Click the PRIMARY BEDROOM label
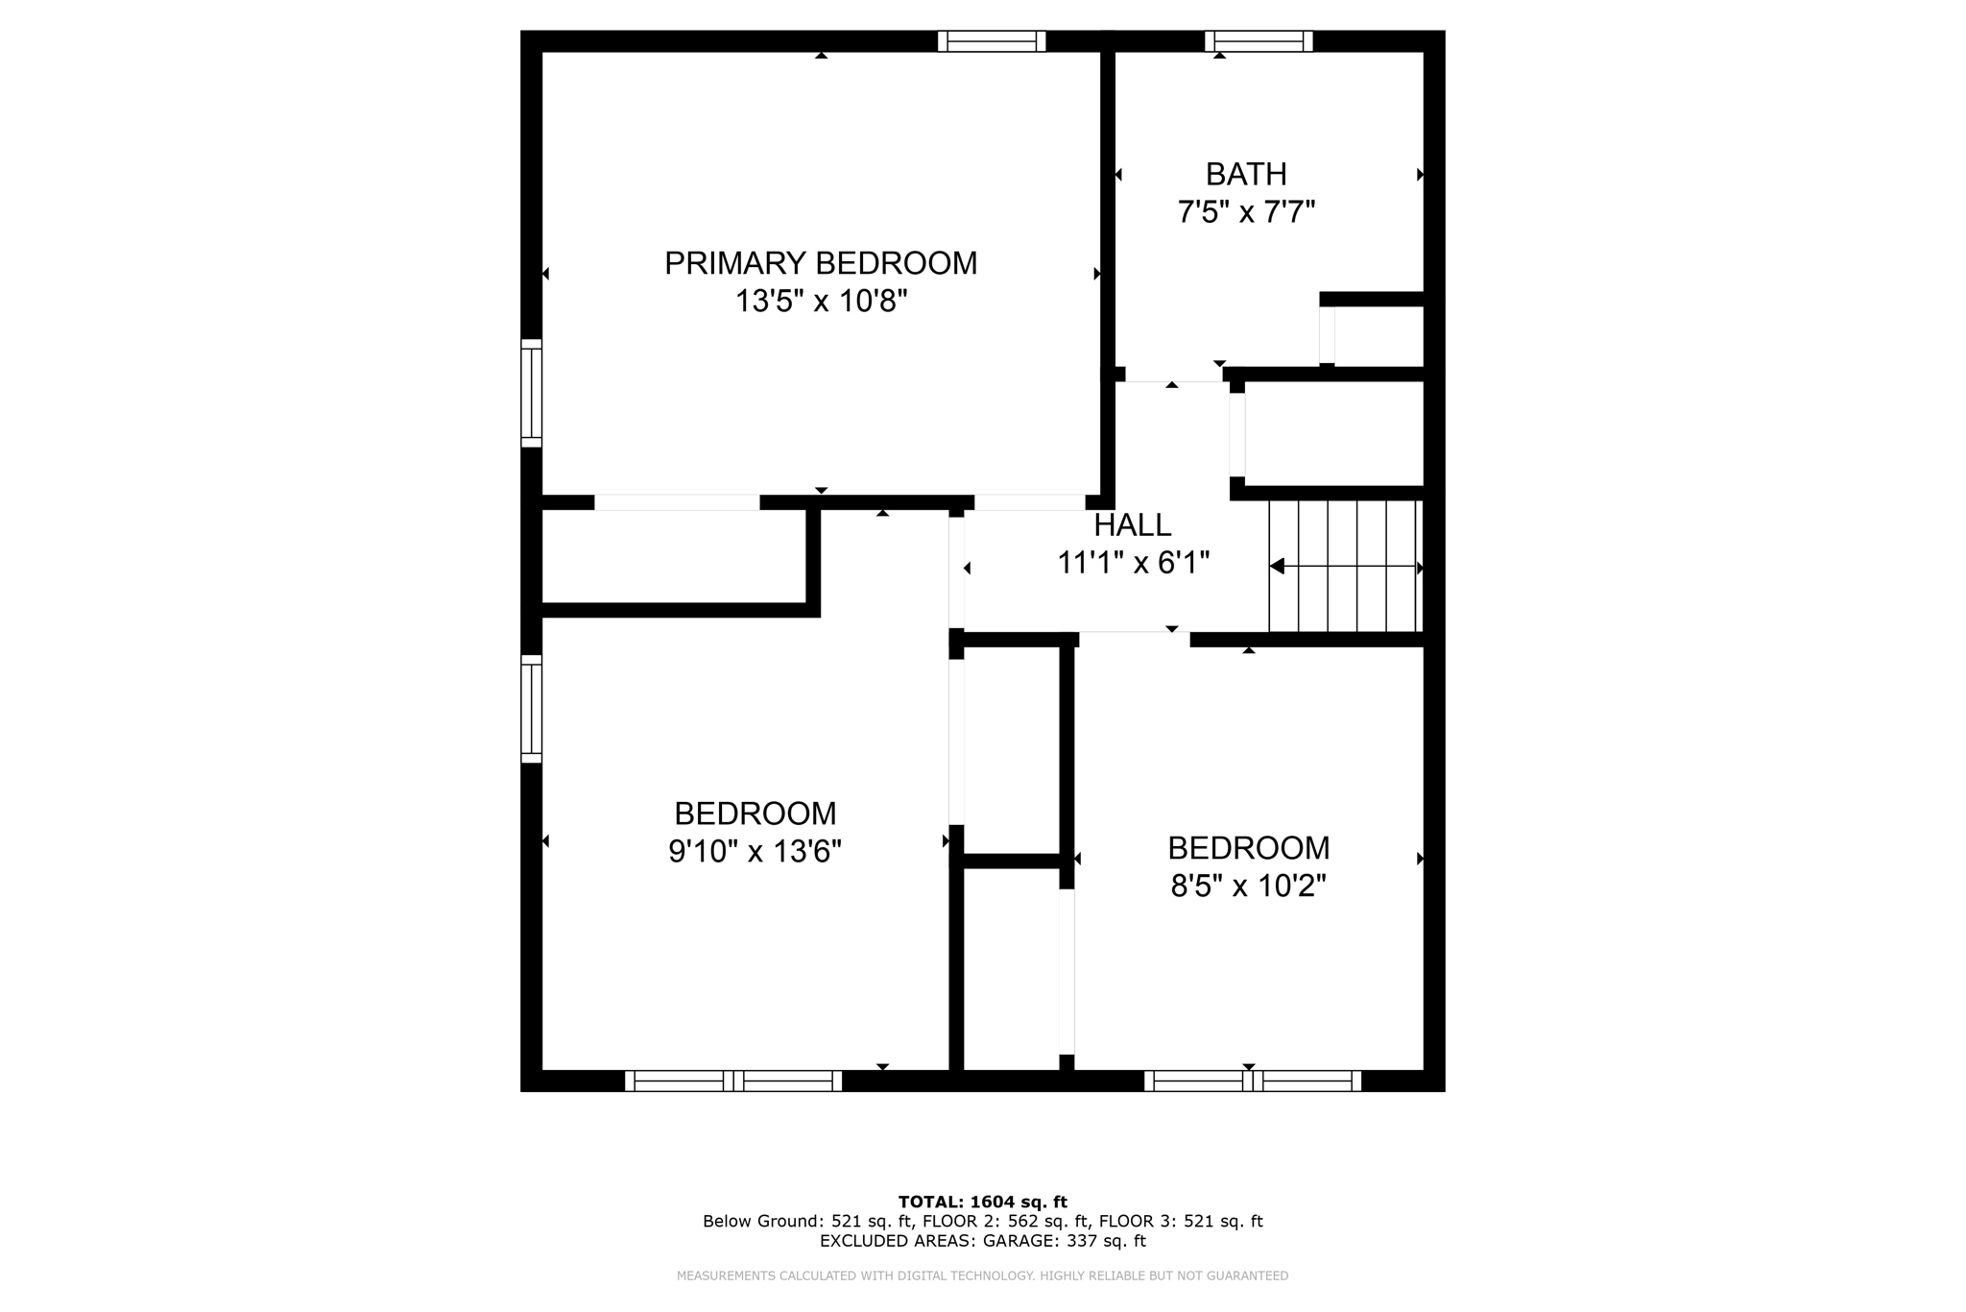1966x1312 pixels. click(821, 263)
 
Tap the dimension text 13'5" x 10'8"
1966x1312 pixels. click(821, 302)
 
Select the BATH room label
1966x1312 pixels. click(1245, 174)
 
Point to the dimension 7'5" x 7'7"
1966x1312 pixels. click(1245, 211)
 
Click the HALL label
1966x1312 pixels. click(1133, 525)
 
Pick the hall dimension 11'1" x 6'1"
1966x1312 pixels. click(1133, 563)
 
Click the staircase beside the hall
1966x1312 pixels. click(1344, 567)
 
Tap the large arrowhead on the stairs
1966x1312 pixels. click(1277, 567)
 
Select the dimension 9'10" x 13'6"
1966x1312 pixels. click(755, 851)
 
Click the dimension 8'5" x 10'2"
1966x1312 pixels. click(1248, 886)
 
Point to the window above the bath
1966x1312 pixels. click(1259, 41)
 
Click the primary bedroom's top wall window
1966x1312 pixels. click(992, 41)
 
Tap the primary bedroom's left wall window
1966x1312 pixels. click(532, 393)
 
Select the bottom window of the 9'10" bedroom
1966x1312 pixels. click(733, 1081)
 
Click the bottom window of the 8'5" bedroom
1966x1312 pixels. click(1253, 1081)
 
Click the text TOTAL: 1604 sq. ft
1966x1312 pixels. click(982, 1202)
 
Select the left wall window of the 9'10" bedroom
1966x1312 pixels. click(532, 709)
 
